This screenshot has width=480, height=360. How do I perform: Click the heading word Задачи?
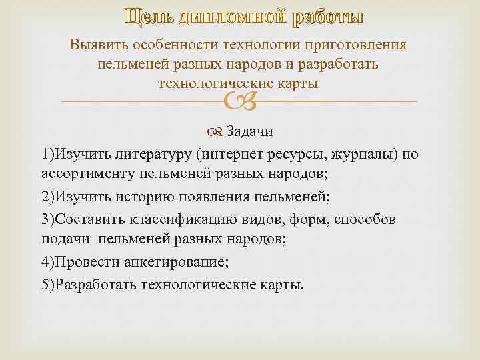[x=249, y=131]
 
